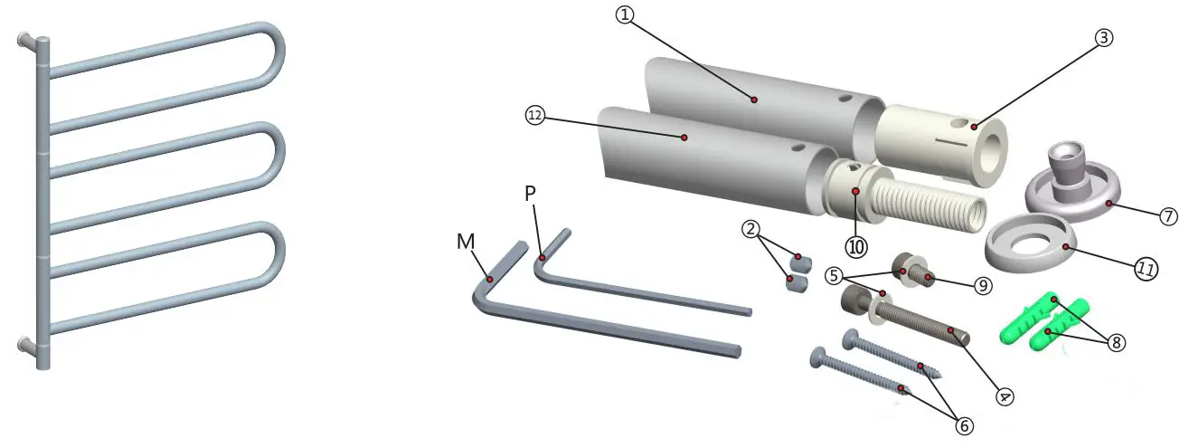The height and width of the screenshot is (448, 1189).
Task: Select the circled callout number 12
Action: click(x=535, y=115)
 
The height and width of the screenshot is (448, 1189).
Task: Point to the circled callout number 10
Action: click(x=856, y=245)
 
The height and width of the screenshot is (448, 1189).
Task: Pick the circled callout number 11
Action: click(x=1147, y=269)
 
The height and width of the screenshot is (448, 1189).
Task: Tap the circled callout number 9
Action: click(x=983, y=285)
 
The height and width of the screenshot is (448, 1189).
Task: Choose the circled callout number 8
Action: click(x=1117, y=343)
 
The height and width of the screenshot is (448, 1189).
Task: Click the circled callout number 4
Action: click(x=1005, y=396)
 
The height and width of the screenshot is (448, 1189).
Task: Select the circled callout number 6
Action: click(x=964, y=424)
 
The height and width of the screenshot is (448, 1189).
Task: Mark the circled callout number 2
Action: click(x=750, y=229)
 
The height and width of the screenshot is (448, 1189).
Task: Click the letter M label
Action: click(x=467, y=242)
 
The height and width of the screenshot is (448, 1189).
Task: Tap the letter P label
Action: click(x=531, y=194)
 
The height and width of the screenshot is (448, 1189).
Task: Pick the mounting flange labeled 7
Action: click(x=1071, y=181)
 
